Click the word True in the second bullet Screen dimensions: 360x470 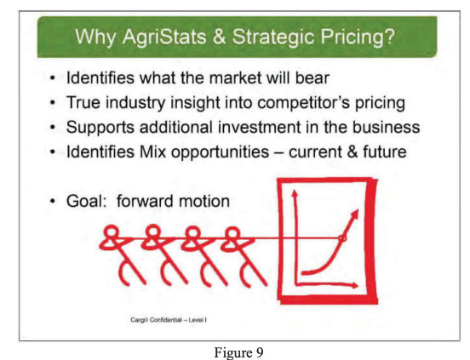[83, 105]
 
